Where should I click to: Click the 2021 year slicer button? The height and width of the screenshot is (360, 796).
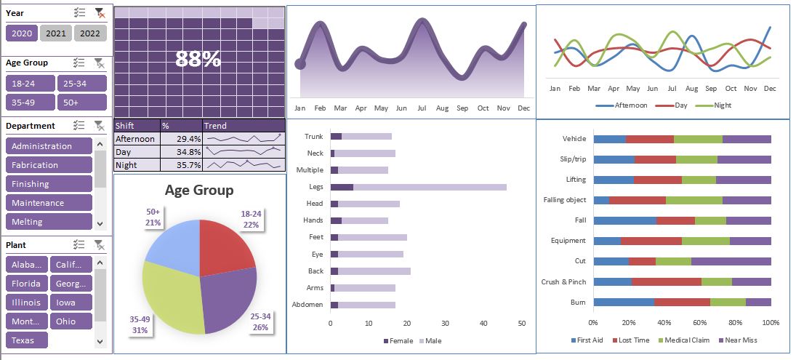coord(56,33)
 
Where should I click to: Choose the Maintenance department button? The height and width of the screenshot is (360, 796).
coord(49,203)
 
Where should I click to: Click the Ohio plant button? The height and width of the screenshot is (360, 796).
coord(71,321)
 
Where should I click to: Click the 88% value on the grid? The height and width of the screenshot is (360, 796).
coord(198,60)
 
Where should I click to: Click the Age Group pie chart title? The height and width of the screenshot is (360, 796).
coord(199,191)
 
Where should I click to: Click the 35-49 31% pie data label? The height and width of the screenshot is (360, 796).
coord(140,324)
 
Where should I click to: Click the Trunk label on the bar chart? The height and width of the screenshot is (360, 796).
coord(313,136)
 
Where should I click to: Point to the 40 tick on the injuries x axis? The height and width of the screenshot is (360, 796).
coord(483,323)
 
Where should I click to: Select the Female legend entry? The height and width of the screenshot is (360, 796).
coord(397,340)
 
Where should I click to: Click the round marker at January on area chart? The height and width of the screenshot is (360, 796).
coord(299,65)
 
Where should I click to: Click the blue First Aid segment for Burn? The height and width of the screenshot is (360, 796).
coord(623,302)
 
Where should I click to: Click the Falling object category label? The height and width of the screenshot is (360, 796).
coord(564,199)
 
